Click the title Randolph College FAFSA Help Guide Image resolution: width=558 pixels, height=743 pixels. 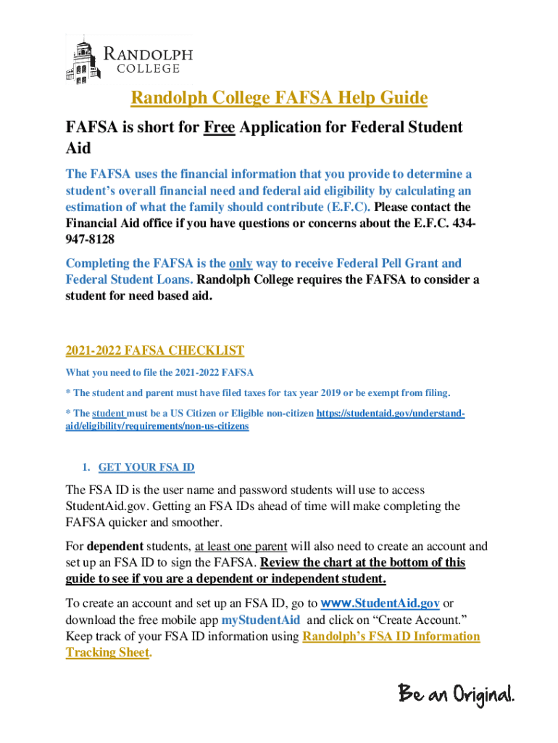pos(279,98)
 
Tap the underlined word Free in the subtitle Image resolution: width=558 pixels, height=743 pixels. pos(219,128)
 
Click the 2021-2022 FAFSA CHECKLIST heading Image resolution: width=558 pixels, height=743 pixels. pos(155,351)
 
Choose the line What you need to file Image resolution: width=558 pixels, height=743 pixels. pos(159,373)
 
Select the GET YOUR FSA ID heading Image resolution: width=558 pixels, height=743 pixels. pos(146,467)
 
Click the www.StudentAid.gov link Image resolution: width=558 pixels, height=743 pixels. pos(380,604)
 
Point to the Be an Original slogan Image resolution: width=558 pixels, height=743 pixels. pos(456,694)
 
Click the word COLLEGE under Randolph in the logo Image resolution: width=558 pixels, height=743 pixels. pos(149,69)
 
